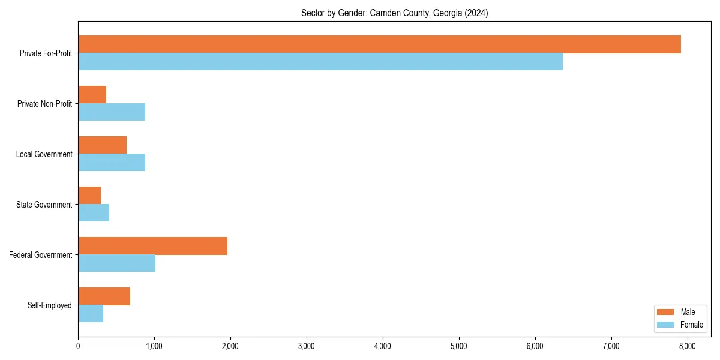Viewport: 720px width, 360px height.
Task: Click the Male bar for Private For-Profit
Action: pos(379,44)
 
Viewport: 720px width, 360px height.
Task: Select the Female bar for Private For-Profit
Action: pos(320,62)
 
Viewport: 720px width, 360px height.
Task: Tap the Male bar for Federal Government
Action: pos(152,246)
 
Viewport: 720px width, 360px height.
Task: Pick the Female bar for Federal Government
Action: pos(116,263)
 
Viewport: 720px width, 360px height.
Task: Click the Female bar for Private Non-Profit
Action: pos(112,112)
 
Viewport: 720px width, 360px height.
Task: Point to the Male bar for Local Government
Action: pos(102,145)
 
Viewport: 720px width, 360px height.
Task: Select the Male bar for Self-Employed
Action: pos(104,296)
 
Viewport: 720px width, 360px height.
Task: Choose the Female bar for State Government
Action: pos(94,213)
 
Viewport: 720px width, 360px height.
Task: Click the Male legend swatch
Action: pos(666,312)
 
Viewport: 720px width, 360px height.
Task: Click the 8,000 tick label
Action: pos(687,346)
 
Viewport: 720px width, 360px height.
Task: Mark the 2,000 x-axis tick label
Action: pos(230,346)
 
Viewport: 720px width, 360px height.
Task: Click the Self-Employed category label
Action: pos(50,305)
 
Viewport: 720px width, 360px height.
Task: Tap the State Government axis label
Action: pos(44,205)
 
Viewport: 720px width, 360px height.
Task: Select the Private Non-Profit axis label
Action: pos(44,104)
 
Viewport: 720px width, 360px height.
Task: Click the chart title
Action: pos(394,13)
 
